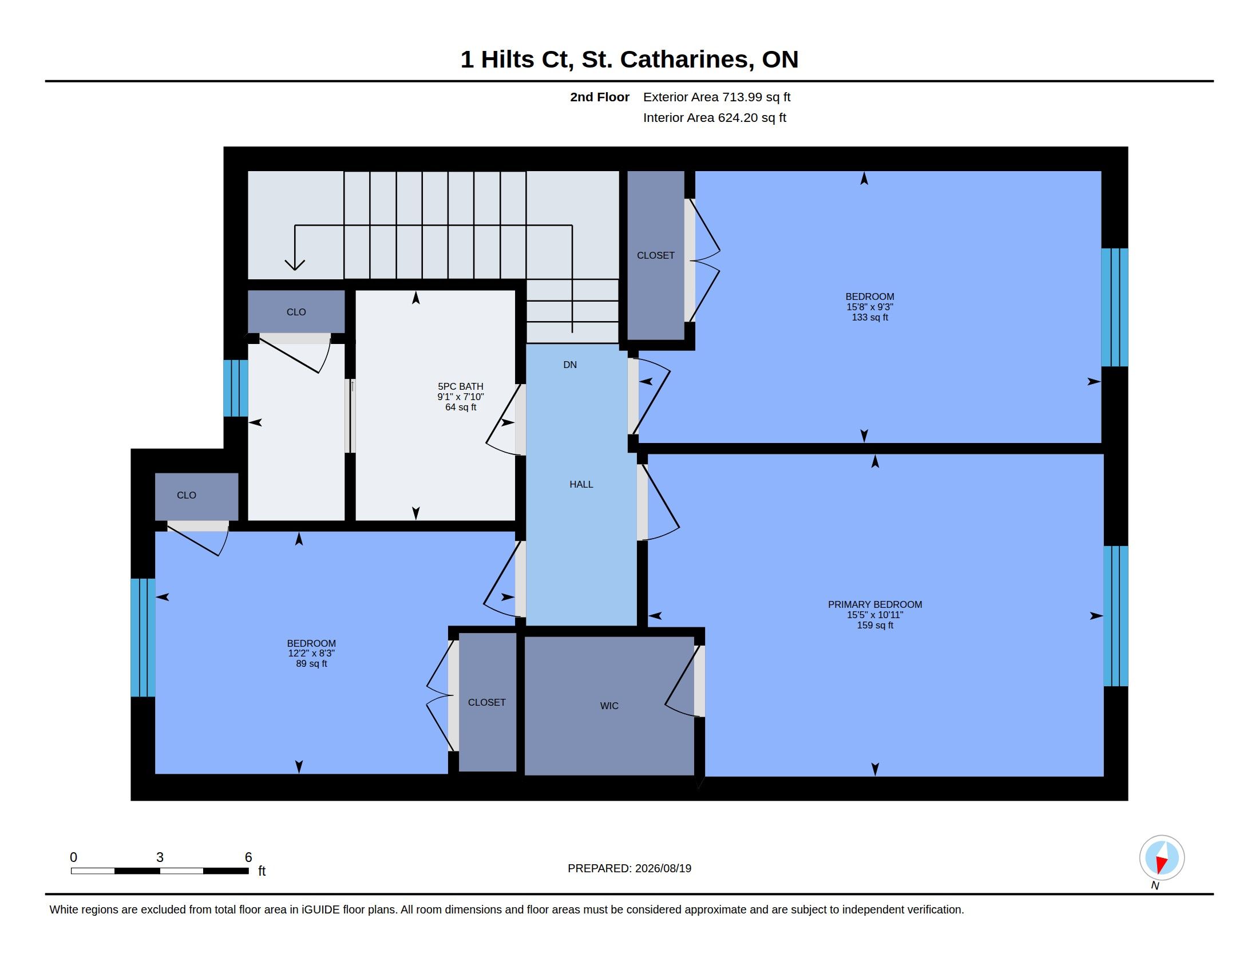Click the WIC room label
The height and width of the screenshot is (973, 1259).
[609, 706]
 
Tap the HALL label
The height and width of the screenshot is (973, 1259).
[581, 484]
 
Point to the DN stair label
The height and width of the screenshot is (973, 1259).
[569, 364]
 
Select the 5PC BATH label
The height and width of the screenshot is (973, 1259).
[460, 386]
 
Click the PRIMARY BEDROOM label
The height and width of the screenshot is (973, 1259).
[874, 604]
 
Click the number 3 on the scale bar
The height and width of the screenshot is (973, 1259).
[160, 857]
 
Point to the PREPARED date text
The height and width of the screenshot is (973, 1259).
[629, 868]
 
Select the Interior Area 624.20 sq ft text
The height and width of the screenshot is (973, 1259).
[714, 117]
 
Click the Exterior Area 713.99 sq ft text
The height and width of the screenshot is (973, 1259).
[716, 97]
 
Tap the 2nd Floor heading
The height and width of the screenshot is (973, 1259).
[600, 97]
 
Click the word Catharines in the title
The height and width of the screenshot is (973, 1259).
[686, 60]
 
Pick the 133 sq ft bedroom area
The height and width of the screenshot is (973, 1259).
[869, 317]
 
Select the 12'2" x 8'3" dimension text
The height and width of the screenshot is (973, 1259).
[311, 653]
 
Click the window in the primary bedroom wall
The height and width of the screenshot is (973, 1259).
[1115, 616]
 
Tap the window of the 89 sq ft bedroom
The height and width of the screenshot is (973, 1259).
[143, 638]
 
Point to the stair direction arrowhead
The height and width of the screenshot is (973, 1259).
[295, 264]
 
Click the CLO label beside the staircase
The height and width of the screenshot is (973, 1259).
[296, 312]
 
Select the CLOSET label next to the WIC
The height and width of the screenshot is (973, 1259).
[486, 702]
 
